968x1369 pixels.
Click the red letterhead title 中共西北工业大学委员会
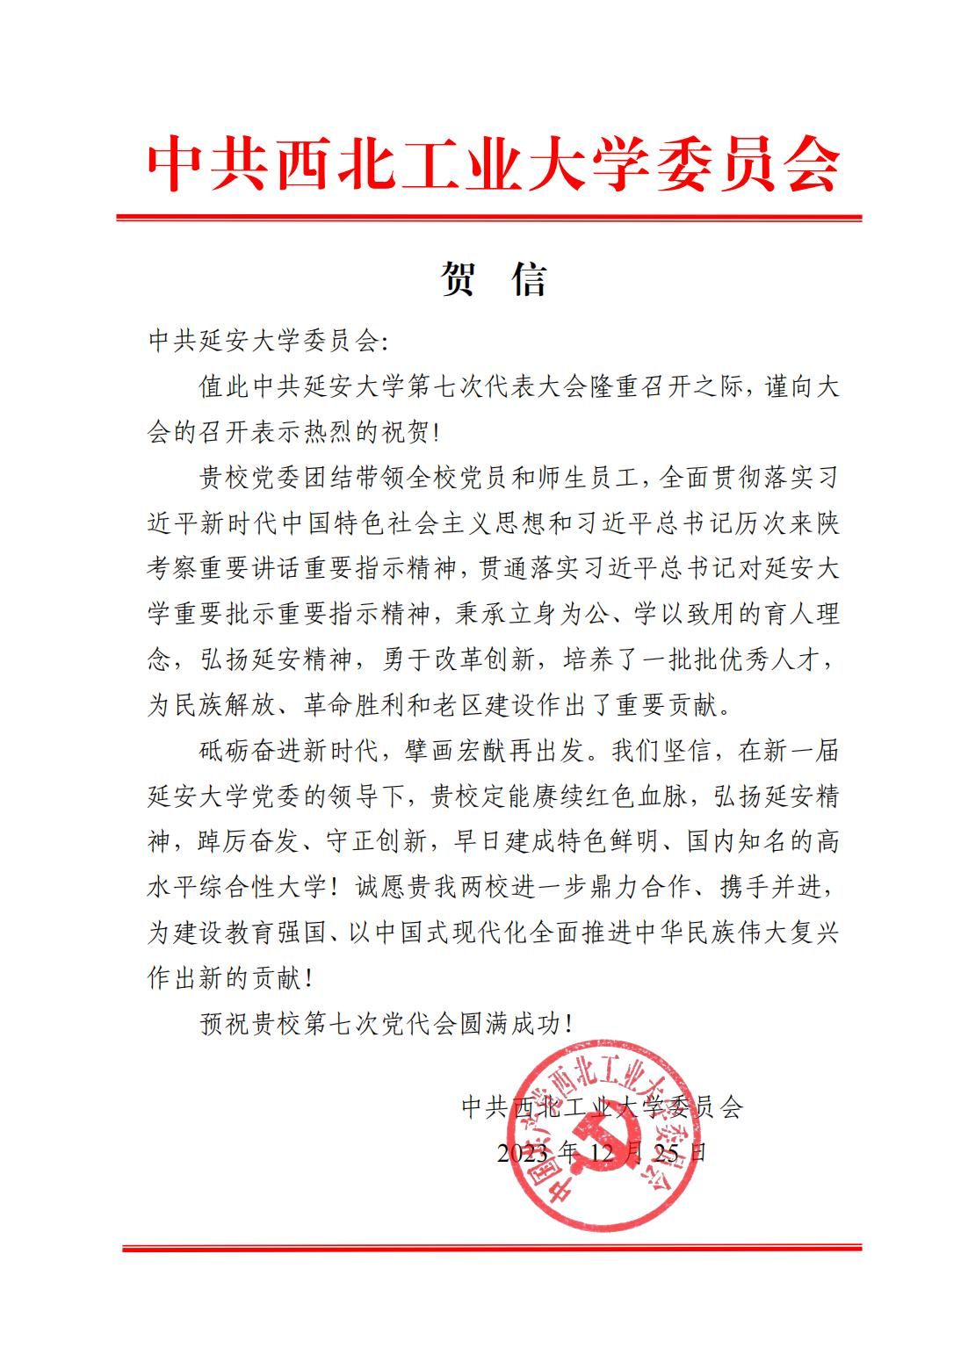coord(493,164)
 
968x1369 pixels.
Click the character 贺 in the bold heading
coord(459,279)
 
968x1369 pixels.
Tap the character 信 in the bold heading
coord(528,279)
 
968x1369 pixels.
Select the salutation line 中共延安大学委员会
coord(263,340)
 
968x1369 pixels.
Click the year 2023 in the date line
coord(524,1152)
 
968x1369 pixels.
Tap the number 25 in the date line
coord(667,1152)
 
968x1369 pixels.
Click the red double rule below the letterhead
coord(489,217)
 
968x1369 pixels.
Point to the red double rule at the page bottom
coord(492,1247)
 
